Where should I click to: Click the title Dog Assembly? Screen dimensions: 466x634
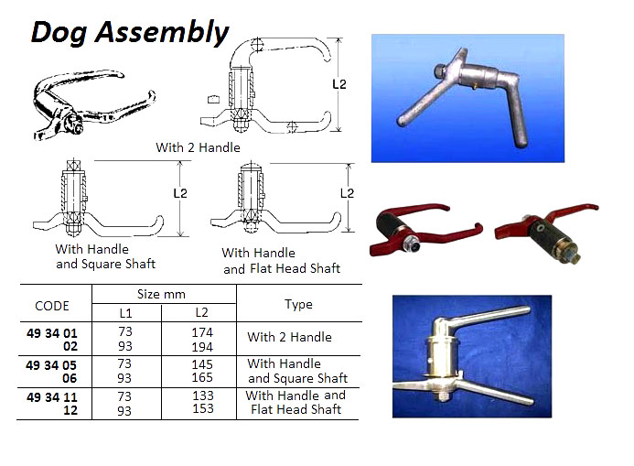130,33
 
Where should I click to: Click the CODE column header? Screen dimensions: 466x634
51,306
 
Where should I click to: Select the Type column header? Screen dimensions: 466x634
298,304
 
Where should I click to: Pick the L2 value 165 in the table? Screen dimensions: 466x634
202,377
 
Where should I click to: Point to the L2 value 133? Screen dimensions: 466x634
202,396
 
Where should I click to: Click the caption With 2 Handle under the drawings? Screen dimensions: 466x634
198,147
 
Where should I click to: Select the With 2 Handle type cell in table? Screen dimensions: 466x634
289,337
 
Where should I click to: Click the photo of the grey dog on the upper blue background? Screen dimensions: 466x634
467,98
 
